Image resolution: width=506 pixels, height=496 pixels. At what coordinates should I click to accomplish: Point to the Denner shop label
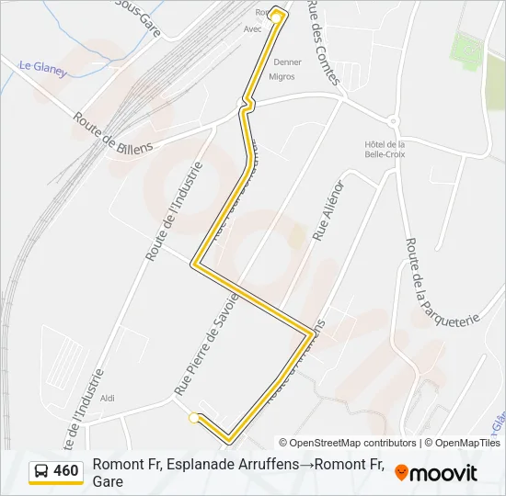pos(288,62)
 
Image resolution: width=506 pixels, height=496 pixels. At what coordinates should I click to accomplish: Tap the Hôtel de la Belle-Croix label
pos(385,149)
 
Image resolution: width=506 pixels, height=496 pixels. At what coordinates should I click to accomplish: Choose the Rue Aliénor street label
pos(328,211)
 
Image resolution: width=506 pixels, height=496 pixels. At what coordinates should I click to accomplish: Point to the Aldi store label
pos(108,399)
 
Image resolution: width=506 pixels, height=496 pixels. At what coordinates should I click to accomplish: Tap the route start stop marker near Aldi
pos(193,419)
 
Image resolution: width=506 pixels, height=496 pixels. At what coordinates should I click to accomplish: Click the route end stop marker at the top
pos(276,17)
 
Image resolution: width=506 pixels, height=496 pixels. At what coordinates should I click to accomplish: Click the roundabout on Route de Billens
pos(393,120)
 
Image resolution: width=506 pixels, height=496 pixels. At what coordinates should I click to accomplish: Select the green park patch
pos(467,50)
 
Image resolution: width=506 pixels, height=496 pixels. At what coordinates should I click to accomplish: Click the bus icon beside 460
pos(41,472)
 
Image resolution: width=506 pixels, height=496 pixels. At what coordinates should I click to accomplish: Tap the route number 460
pos(66,472)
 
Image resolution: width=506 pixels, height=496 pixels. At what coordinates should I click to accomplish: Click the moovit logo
pos(436,473)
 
